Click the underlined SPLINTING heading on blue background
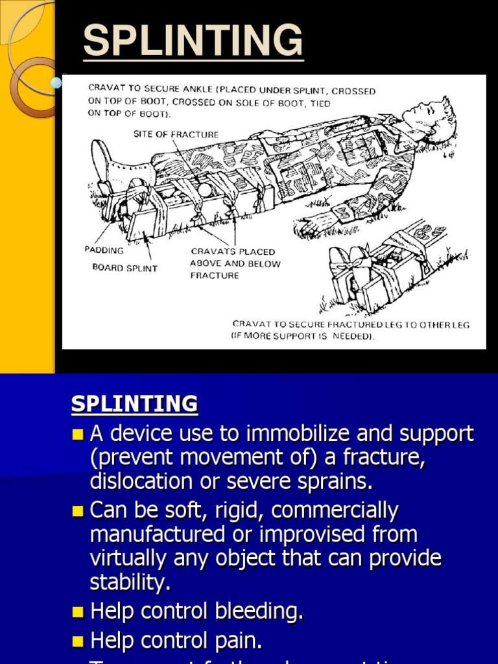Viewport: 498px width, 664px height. [134, 404]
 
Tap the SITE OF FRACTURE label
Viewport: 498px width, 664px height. [176, 134]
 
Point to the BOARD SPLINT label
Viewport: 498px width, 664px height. [124, 268]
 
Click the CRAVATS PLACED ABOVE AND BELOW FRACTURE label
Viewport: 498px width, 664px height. [235, 263]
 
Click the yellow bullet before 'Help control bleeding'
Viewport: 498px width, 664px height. [78, 611]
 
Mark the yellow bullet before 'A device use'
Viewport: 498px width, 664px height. [78, 434]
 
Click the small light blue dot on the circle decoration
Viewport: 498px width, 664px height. [56, 82]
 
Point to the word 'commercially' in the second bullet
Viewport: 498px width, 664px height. [335, 511]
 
